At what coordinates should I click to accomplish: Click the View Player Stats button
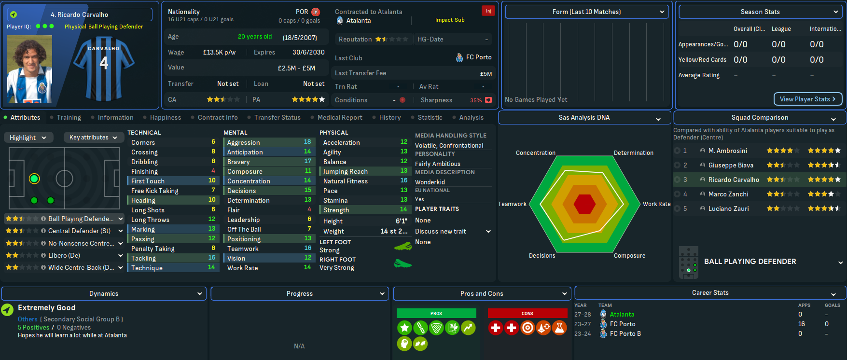coord(807,99)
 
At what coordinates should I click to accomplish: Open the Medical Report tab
coord(339,117)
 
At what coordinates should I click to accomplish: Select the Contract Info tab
coord(217,117)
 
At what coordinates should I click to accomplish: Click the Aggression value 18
coord(307,142)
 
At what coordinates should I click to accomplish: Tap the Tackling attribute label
coord(143,258)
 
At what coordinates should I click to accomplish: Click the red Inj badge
coord(488,11)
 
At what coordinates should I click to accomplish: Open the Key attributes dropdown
coord(93,138)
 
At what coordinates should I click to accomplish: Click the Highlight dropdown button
coord(28,138)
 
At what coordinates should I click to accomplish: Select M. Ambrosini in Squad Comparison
coord(727,151)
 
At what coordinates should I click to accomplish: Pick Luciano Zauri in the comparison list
coord(728,208)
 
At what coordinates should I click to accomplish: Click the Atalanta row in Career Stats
coord(622,314)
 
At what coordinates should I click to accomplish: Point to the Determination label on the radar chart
coord(633,152)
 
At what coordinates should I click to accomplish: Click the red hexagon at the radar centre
coord(584,204)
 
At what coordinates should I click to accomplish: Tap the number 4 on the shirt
coord(104,63)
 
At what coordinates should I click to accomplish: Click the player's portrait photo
coord(29,69)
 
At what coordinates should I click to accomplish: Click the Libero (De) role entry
coord(64,255)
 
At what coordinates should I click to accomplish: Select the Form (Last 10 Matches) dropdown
coord(586,12)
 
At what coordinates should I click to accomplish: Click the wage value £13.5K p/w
coord(219,52)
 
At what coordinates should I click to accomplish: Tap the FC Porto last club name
coord(478,57)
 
